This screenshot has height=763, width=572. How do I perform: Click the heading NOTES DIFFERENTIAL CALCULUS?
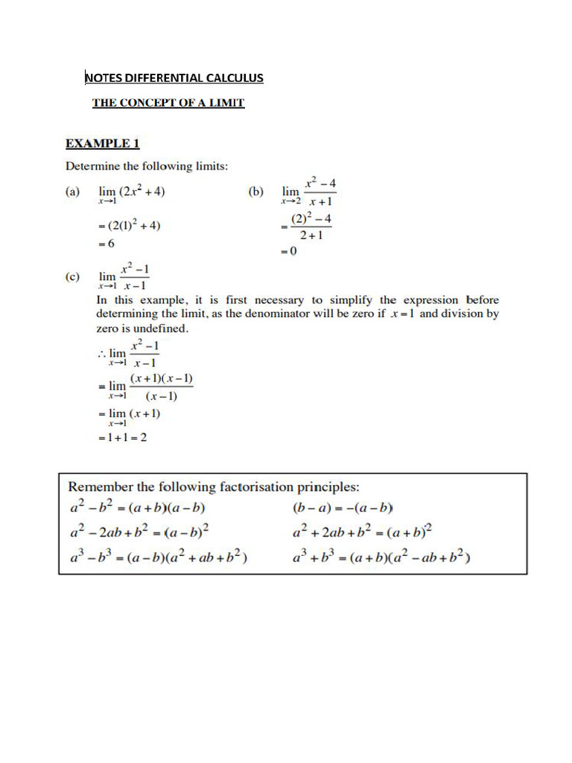(x=174, y=77)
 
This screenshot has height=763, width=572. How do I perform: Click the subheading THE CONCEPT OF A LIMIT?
(x=168, y=103)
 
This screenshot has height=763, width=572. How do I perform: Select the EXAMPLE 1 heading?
(x=103, y=144)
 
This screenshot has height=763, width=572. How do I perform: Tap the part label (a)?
(x=73, y=191)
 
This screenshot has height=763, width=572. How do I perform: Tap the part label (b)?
(x=255, y=191)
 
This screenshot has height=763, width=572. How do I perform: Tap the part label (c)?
(x=73, y=276)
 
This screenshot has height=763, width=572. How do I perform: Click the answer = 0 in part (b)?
(x=288, y=252)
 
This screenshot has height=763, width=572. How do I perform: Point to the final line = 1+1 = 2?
(x=122, y=437)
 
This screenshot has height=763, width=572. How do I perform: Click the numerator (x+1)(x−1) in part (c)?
(x=161, y=379)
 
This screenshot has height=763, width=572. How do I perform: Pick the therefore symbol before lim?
(x=102, y=353)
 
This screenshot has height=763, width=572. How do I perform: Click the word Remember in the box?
(x=100, y=487)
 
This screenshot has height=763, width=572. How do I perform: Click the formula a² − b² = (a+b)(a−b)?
(x=137, y=510)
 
